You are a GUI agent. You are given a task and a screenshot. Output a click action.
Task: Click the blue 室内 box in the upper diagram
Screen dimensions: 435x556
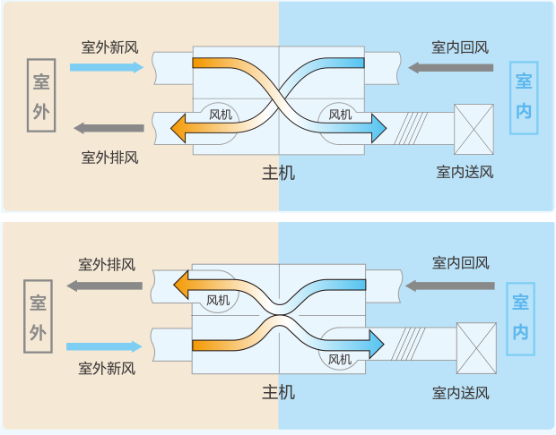[x=524, y=97]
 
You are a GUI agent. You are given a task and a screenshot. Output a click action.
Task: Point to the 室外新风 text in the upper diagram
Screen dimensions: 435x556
[x=110, y=47]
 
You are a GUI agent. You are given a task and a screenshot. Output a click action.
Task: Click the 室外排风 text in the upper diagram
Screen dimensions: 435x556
[x=110, y=158]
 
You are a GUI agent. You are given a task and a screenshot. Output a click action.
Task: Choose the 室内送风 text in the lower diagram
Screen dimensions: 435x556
[x=461, y=393]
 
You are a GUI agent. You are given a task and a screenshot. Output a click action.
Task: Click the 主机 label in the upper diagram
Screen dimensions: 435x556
[x=279, y=172]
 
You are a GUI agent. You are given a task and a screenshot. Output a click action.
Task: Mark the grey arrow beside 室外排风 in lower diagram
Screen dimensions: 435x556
[x=106, y=286]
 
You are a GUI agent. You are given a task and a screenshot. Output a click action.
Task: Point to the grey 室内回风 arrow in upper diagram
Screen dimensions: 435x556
[x=449, y=67]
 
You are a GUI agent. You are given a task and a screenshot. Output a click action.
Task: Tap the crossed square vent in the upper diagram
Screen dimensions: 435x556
[x=473, y=130]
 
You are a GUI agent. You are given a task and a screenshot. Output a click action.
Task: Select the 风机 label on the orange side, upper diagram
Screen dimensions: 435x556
[x=221, y=115]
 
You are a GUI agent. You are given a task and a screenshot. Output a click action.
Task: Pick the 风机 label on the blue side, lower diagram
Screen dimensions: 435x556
[x=340, y=360]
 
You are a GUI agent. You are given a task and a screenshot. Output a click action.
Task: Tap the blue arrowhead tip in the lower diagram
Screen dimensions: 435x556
[x=382, y=343]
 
